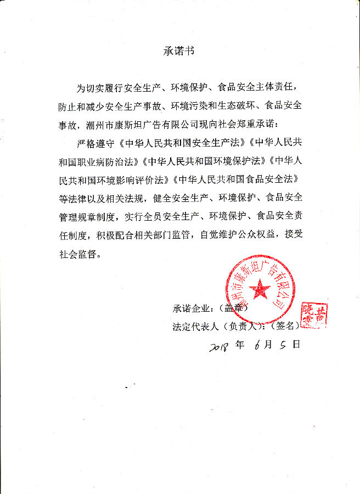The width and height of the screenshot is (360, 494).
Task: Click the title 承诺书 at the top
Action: coord(179,51)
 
